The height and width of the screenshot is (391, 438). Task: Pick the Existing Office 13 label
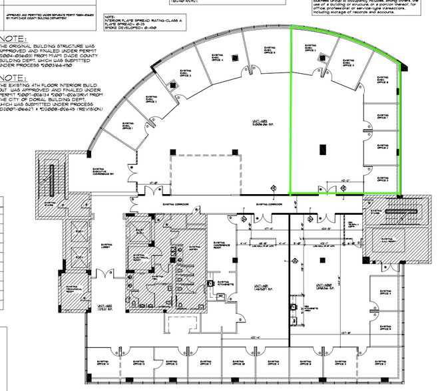(140, 363)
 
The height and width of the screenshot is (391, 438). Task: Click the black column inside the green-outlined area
(323, 150)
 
